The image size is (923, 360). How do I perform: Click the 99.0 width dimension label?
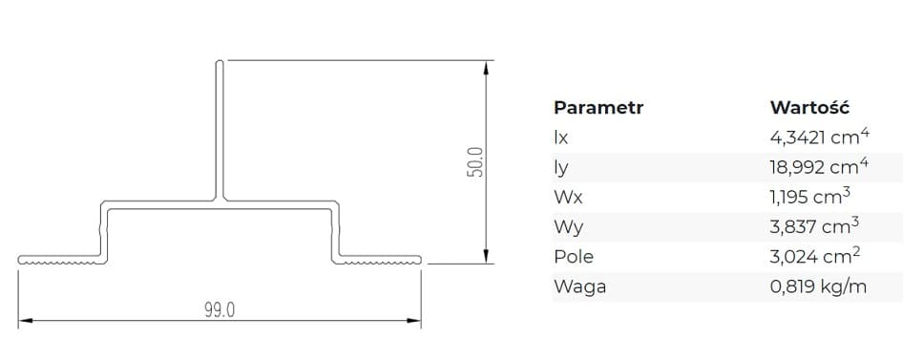220,310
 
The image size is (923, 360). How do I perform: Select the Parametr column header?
598,107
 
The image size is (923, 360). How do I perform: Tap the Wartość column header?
809,107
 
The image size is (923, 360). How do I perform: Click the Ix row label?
561,138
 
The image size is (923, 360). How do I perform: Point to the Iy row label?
561,167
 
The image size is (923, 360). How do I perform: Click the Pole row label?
574,256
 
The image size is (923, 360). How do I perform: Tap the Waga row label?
579,286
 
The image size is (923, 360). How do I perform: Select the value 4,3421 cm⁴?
819,137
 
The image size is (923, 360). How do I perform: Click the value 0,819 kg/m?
818,286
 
